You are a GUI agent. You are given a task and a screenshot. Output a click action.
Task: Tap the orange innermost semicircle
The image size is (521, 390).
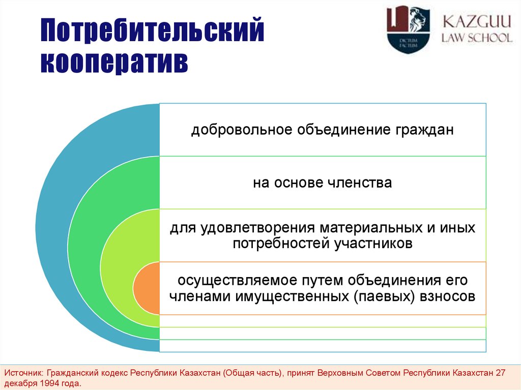click(147, 288)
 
